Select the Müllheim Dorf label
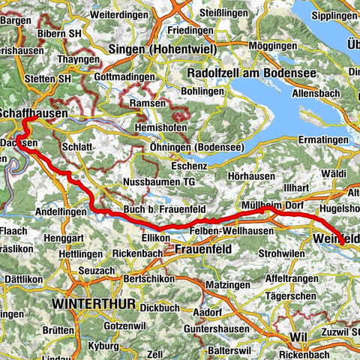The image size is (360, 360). tap(271, 205)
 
